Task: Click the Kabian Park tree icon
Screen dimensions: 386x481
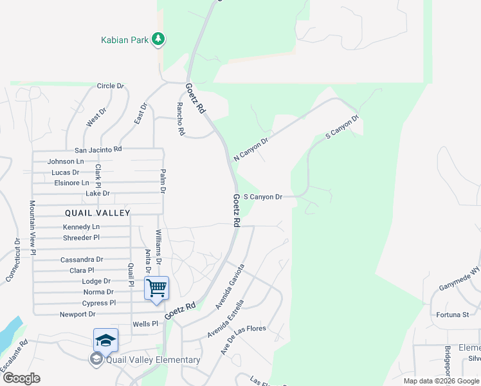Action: [158, 40]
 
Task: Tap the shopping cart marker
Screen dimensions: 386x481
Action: [157, 288]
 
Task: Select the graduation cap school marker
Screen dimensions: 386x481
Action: [105, 340]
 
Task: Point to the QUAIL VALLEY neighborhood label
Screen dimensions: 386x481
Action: [97, 213]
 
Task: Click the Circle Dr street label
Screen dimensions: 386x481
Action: [110, 86]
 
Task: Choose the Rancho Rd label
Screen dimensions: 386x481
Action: [181, 119]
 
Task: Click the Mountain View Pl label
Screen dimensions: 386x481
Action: [32, 228]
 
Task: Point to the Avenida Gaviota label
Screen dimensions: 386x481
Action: [230, 286]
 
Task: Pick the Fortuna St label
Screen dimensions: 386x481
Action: [453, 315]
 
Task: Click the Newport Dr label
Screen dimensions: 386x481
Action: [77, 314]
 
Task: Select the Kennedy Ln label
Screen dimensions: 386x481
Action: [81, 227]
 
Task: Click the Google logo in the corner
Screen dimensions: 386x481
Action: [21, 378]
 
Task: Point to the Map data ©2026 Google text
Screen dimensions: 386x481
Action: [441, 381]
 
